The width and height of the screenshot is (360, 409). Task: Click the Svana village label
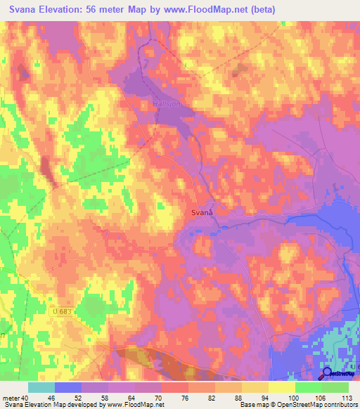tap(202, 212)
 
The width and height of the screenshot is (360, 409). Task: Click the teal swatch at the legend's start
tap(41, 387)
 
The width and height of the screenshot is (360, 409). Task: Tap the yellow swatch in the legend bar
tap(255, 387)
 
